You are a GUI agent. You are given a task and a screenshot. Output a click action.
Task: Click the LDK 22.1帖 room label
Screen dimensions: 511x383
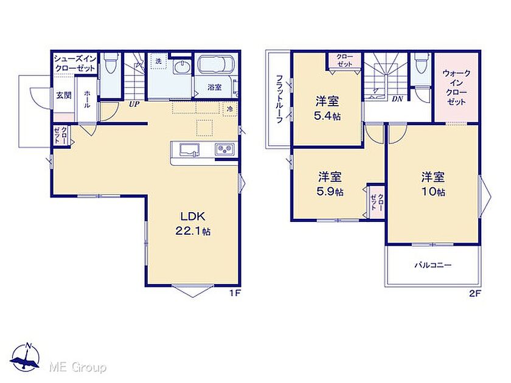coord(193,223)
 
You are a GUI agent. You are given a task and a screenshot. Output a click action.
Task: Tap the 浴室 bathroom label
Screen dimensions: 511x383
coord(215,87)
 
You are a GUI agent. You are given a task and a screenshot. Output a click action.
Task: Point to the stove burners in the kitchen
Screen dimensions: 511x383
coord(224,149)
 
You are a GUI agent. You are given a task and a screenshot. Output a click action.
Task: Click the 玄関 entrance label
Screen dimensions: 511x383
coord(64,95)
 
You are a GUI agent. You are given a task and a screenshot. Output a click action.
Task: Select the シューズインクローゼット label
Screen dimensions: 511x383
coord(75,63)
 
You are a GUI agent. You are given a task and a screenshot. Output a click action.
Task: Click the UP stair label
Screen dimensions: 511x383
coord(134,104)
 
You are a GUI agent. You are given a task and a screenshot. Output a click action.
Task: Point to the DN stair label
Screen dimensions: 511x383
coord(397,98)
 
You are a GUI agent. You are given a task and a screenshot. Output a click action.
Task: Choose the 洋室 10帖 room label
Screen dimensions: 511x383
coord(433,184)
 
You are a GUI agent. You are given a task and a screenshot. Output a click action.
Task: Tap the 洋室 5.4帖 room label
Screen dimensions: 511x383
coord(327,108)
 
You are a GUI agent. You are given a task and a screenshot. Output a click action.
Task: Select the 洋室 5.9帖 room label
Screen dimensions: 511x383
coord(330,184)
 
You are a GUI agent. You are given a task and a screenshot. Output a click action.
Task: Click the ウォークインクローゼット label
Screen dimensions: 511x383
coord(456,88)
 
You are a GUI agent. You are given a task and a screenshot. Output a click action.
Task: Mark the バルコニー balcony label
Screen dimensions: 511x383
coord(433,265)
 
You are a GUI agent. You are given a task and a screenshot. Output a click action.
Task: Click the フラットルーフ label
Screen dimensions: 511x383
coord(279,99)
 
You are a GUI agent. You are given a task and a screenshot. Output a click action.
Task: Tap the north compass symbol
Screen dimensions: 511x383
coord(25,357)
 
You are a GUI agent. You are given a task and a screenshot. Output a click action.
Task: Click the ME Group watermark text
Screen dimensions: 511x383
coord(78,367)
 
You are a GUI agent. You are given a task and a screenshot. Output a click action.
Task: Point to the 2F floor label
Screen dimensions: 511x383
coord(475,294)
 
